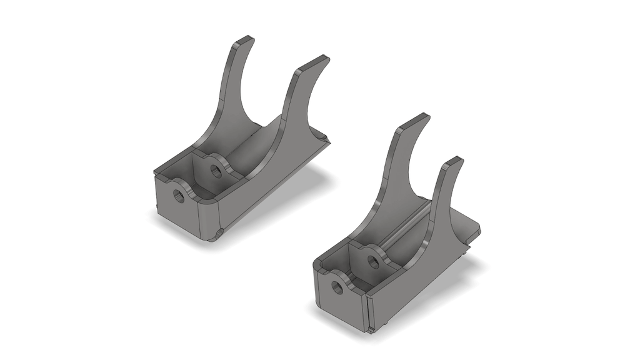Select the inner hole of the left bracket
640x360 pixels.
[x=216, y=170]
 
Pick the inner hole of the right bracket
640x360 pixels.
[x=373, y=262]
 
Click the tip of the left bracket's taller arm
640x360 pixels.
[x=245, y=41]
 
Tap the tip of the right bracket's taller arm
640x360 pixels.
[x=416, y=119]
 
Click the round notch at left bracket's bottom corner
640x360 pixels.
[x=217, y=234]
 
